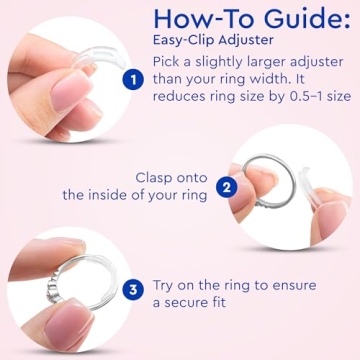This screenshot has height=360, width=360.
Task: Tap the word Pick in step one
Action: tap(169, 63)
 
